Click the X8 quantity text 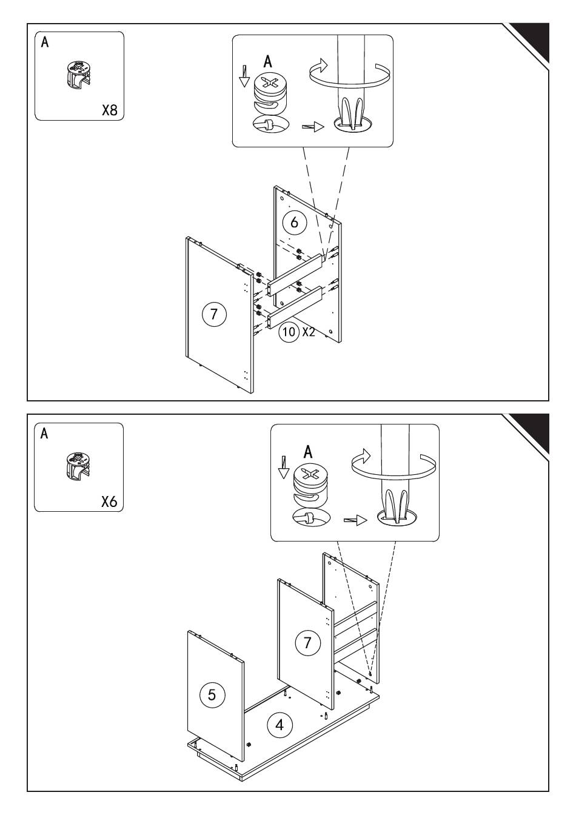click(x=109, y=110)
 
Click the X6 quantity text click(x=109, y=502)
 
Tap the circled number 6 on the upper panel click(x=295, y=223)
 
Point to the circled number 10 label click(x=289, y=332)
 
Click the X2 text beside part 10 click(x=309, y=332)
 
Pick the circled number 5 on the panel click(x=212, y=694)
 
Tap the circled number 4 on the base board click(x=279, y=725)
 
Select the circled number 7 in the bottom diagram click(x=307, y=642)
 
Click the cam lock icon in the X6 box click(x=77, y=466)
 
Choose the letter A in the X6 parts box click(x=44, y=434)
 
